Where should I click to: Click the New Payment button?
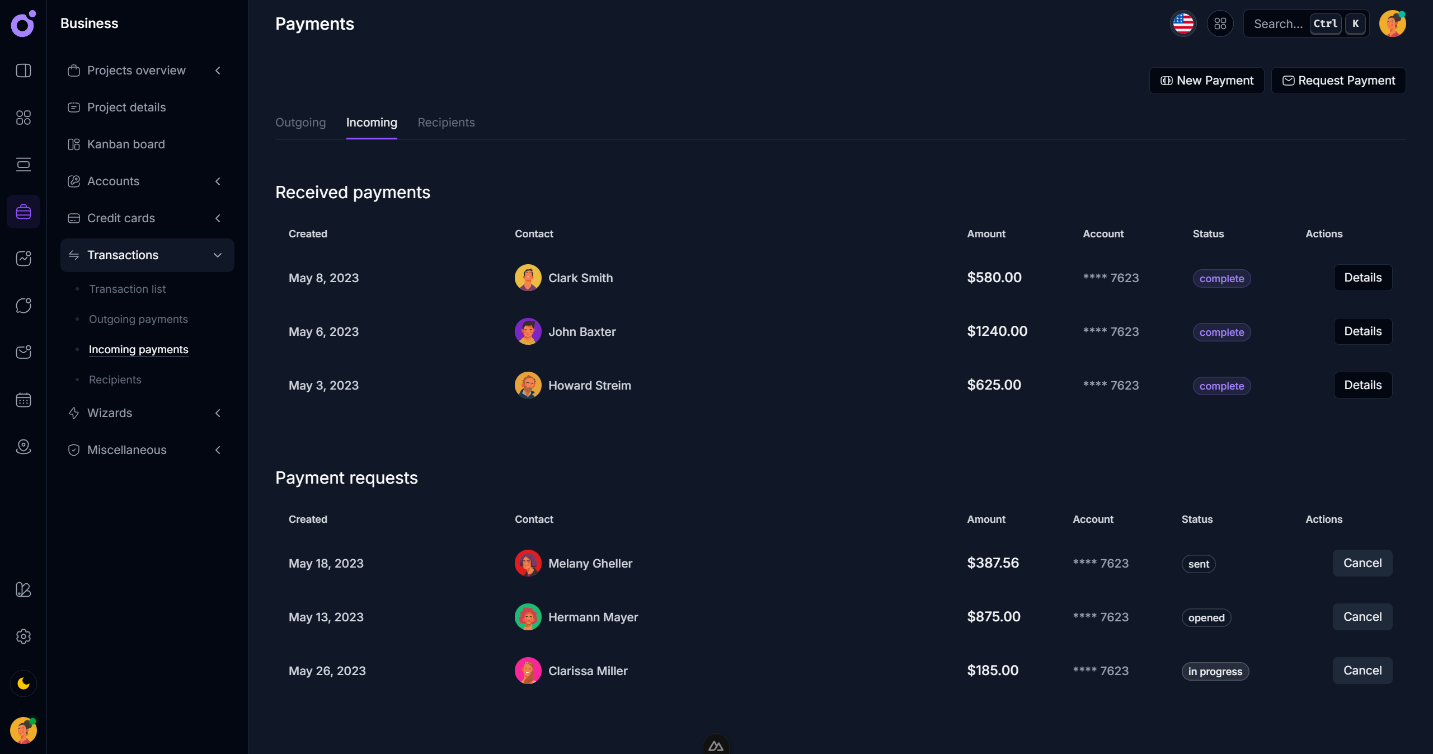[x=1206, y=81]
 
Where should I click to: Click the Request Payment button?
[x=1338, y=81]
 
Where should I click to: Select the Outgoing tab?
[x=300, y=123]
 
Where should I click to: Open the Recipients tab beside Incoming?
[x=446, y=123]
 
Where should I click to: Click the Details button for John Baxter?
[x=1362, y=331]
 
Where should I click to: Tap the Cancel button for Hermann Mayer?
[x=1362, y=617]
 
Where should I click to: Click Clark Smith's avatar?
[x=528, y=278]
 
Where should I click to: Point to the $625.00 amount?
[x=994, y=385]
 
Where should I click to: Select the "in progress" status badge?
[x=1215, y=671]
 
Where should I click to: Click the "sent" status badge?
[x=1199, y=564]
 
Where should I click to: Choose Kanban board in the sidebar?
[x=126, y=144]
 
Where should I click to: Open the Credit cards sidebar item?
[x=121, y=218]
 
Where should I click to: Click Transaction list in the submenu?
[x=127, y=289]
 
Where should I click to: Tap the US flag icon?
[x=1183, y=24]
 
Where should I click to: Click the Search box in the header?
[x=1278, y=24]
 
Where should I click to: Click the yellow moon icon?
[x=24, y=683]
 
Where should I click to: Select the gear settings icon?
[x=24, y=636]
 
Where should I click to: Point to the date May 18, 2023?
[x=326, y=563]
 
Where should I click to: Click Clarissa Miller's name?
[x=588, y=671]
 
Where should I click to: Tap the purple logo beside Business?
[x=23, y=24]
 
